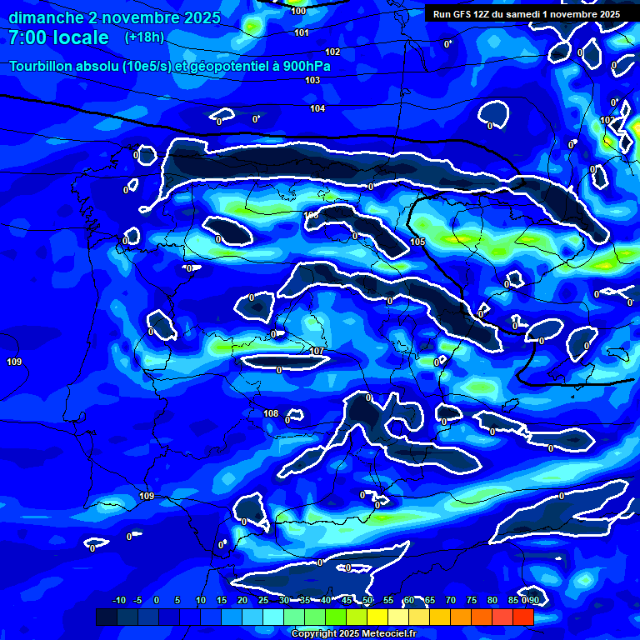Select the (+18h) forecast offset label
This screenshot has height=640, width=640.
tap(144, 37)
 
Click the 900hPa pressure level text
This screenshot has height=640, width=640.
tap(306, 66)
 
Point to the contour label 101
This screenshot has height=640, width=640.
tap(302, 32)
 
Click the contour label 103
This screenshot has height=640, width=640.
tap(312, 80)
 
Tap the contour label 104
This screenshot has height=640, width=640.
tap(317, 109)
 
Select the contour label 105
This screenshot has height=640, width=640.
tap(417, 242)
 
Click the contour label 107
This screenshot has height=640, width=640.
tap(316, 351)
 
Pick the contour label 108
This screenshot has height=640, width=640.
tap(271, 413)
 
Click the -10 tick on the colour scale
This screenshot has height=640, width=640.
tap(119, 600)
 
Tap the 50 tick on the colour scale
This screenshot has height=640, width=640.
tap(367, 600)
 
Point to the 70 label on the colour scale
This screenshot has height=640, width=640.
tap(451, 600)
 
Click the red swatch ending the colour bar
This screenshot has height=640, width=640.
tap(523, 617)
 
